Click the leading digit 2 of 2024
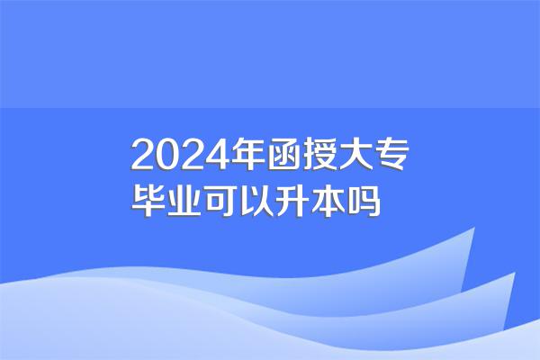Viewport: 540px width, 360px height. [x=143, y=154]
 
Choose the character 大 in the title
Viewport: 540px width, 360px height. [x=355, y=154]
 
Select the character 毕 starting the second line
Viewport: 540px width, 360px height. [x=148, y=201]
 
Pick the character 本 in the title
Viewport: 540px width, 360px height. [x=328, y=201]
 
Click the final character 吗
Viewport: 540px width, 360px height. [x=364, y=201]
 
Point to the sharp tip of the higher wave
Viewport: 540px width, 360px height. [x=474, y=228]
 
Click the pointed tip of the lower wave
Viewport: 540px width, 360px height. [x=515, y=273]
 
